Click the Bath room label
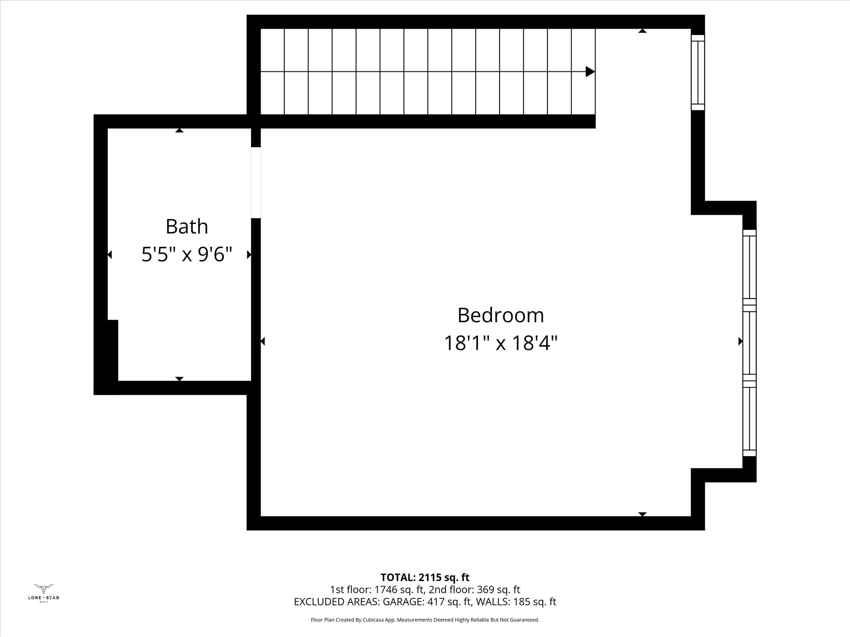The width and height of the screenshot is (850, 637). tap(186, 226)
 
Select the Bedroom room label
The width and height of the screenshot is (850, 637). tap(501, 315)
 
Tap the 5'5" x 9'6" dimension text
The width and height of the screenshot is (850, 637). tap(186, 254)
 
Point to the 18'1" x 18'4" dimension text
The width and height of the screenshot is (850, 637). tap(501, 343)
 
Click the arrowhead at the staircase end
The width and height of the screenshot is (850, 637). tap(590, 72)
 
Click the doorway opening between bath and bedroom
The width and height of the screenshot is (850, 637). tap(256, 182)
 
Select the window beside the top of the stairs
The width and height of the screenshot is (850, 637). tap(698, 73)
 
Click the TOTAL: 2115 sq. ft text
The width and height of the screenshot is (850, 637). tap(425, 577)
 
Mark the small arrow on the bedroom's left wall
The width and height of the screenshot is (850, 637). tap(263, 341)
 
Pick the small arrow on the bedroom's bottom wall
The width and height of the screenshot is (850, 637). tap(642, 514)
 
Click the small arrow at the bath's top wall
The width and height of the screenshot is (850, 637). tap(179, 130)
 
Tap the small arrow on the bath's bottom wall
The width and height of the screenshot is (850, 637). tap(179, 379)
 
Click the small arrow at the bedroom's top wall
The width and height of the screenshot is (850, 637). tap(642, 31)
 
